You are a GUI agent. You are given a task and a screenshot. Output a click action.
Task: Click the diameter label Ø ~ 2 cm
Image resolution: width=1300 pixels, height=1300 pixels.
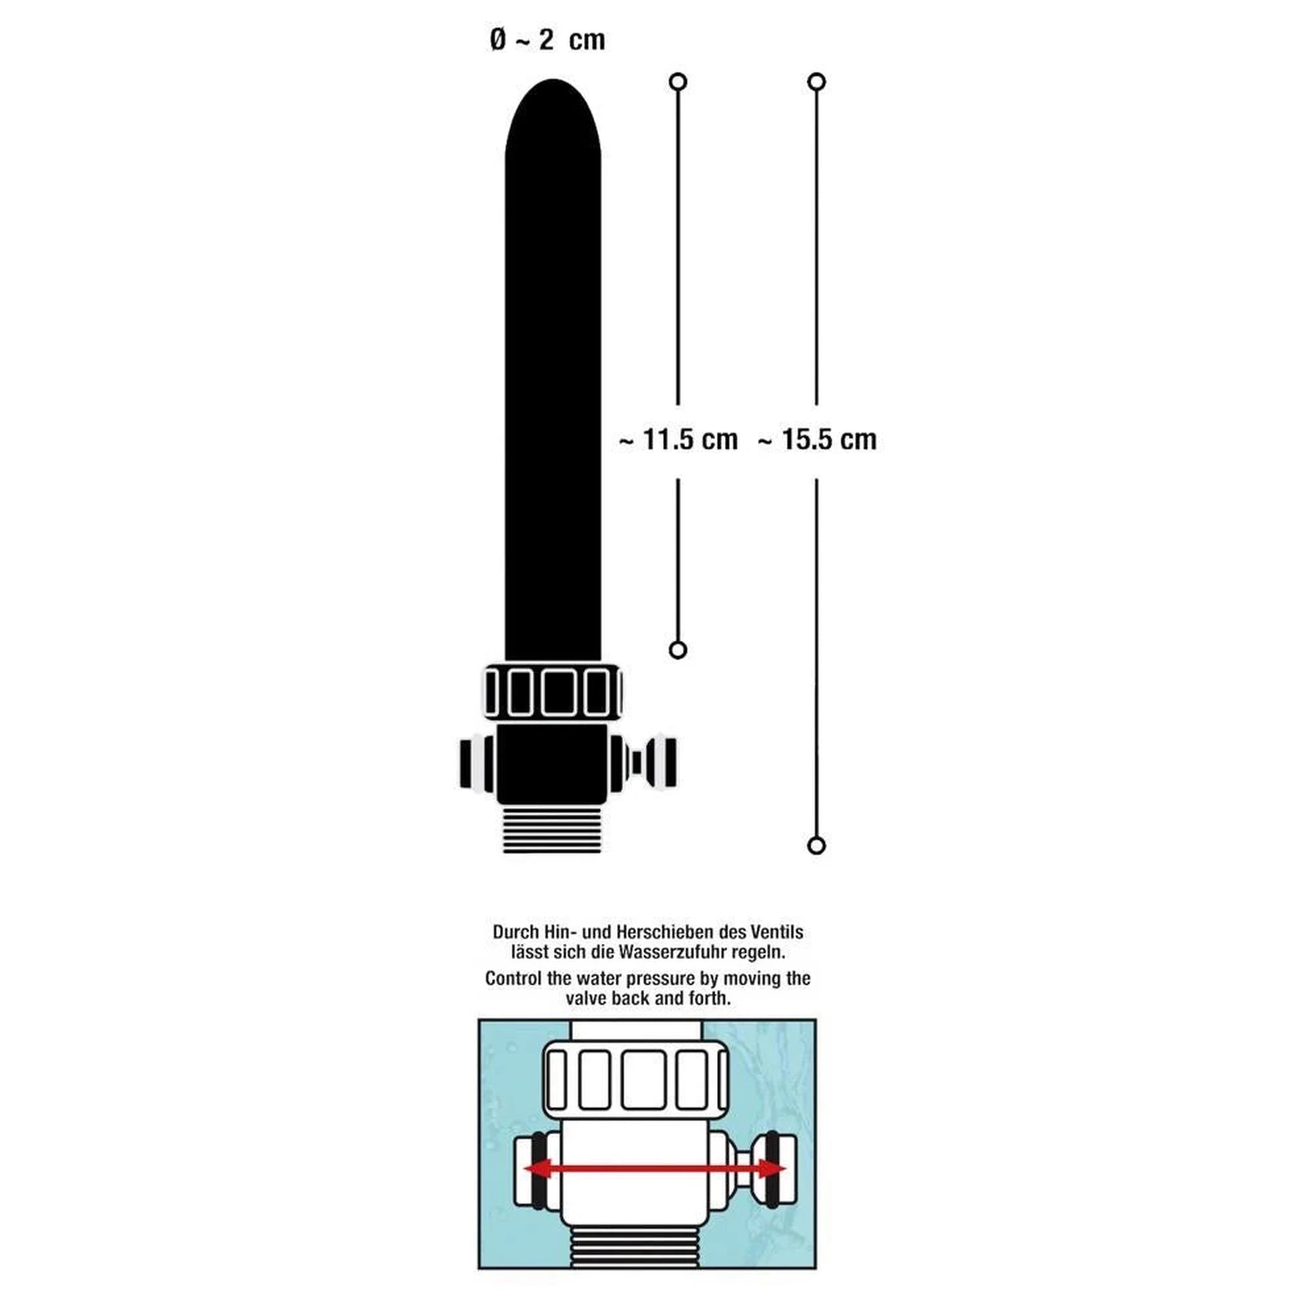pos(547,40)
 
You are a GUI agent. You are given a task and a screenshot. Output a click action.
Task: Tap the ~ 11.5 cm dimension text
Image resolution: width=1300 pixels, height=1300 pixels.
pos(678,439)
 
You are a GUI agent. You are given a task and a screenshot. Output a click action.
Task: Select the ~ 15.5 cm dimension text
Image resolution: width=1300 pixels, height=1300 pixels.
pos(817,439)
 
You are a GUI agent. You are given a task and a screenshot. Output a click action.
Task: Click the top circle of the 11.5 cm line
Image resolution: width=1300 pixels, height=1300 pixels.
pos(678,82)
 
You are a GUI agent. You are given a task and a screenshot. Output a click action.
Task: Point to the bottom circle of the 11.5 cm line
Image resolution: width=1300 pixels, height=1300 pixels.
pos(678,650)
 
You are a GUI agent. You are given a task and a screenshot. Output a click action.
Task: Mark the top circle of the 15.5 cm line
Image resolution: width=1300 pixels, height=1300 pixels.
pos(817,82)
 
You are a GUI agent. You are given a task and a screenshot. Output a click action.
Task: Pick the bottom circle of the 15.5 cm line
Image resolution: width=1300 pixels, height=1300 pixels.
pos(817,846)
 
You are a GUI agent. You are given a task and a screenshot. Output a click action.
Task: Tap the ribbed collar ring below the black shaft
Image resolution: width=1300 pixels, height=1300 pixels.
pos(552,691)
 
